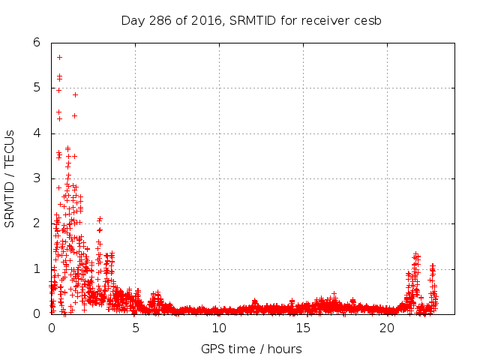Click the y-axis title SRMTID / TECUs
[10, 178]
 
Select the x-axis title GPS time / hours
[251, 349]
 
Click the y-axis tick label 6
[36, 43]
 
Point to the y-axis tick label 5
[36, 88]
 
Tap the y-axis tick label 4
[36, 133]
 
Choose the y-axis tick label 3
[36, 178]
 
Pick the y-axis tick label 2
[36, 223]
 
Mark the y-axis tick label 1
[36, 268]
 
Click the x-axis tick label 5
[135, 328]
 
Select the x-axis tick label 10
[219, 328]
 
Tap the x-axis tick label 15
[303, 328]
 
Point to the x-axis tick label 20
[387, 328]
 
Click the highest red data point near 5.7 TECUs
[59, 57]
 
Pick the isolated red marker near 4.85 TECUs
[75, 94]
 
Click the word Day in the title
[131, 20]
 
